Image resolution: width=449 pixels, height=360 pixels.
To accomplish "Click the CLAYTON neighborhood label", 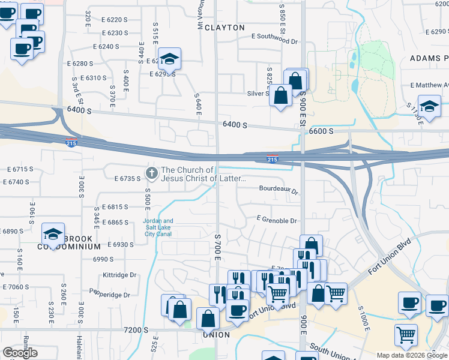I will (x=225, y=28).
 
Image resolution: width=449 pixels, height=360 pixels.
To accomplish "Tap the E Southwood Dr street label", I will (x=274, y=37).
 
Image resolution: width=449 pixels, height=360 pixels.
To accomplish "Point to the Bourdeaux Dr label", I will (x=279, y=188).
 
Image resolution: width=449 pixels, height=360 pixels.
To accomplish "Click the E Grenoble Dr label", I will (x=277, y=221).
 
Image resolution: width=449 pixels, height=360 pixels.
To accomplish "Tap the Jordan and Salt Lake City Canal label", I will (x=158, y=227).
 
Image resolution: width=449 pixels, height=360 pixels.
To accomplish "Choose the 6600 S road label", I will (x=321, y=131).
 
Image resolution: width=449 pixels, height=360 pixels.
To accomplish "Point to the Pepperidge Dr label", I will (x=110, y=295).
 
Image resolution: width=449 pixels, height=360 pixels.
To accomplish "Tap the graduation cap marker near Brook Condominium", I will (x=53, y=234).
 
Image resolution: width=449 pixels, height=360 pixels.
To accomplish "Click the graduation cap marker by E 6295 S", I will (x=170, y=59).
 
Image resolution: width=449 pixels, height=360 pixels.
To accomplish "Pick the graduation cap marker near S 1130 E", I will (x=429, y=106).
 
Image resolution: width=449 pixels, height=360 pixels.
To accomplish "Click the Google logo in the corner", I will (x=20, y=353).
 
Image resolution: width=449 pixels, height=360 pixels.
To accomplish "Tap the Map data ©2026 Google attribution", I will (x=412, y=355).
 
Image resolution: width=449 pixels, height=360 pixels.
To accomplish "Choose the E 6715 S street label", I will (x=16, y=169).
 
